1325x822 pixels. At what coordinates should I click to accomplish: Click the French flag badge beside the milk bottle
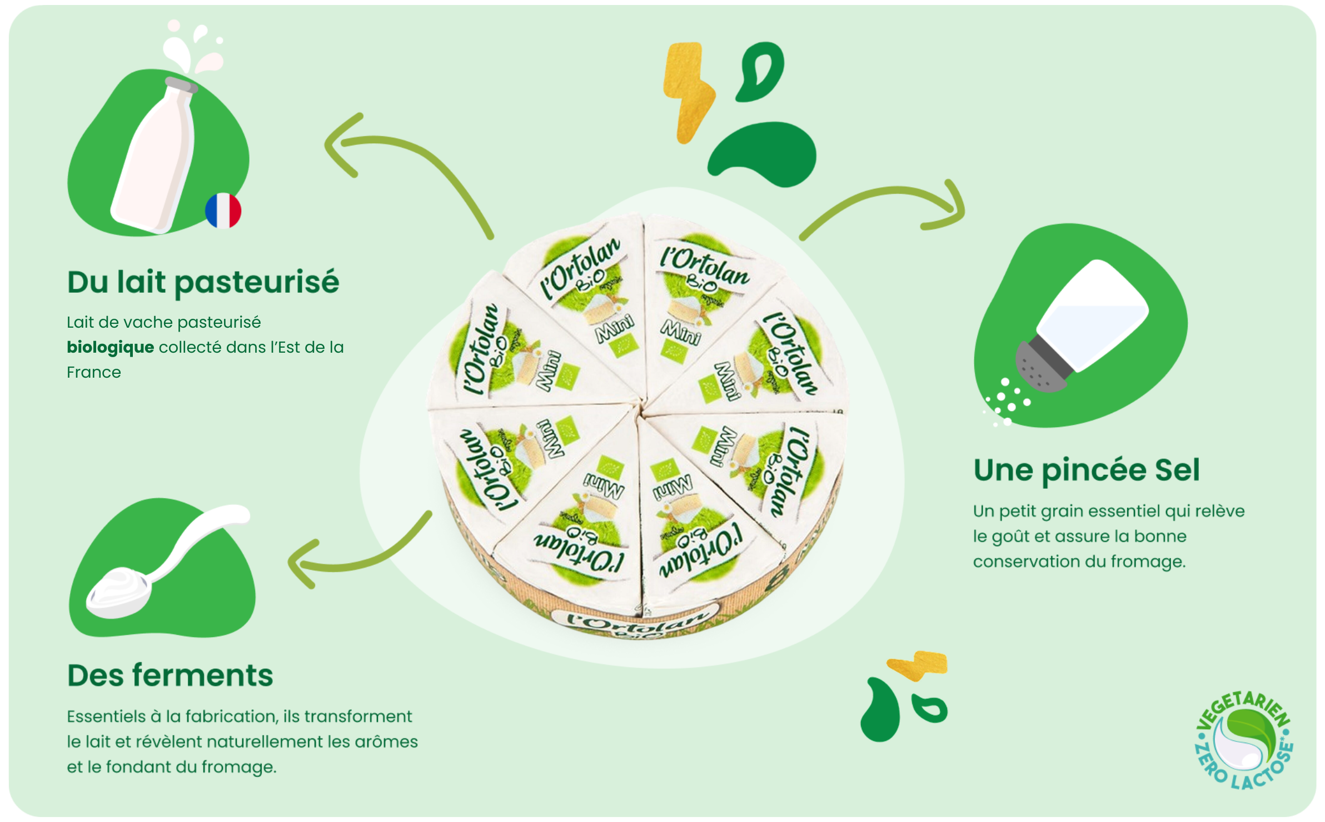tap(223, 210)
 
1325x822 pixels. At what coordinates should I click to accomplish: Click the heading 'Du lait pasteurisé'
tap(203, 282)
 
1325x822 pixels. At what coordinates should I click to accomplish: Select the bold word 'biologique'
tap(110, 347)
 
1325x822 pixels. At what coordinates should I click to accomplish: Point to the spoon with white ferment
tap(161, 567)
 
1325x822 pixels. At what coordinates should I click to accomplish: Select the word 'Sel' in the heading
tap(1177, 470)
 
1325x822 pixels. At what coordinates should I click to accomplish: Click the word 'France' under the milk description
tap(94, 372)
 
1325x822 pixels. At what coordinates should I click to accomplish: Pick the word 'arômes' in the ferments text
tap(383, 741)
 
